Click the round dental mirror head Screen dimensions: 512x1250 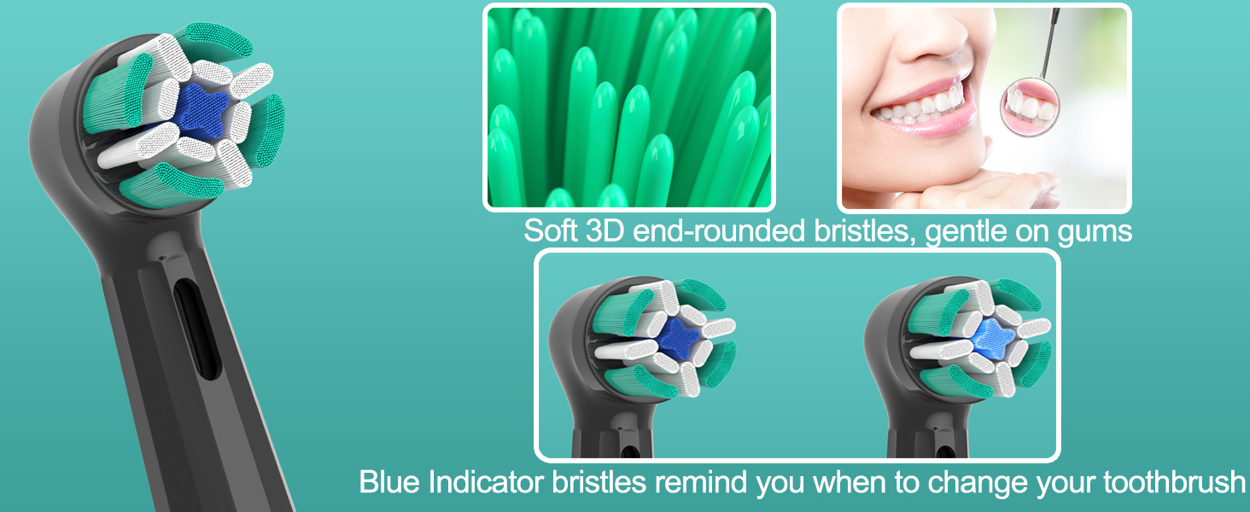[x=1030, y=108]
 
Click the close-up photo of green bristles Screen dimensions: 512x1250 [x=628, y=108]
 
